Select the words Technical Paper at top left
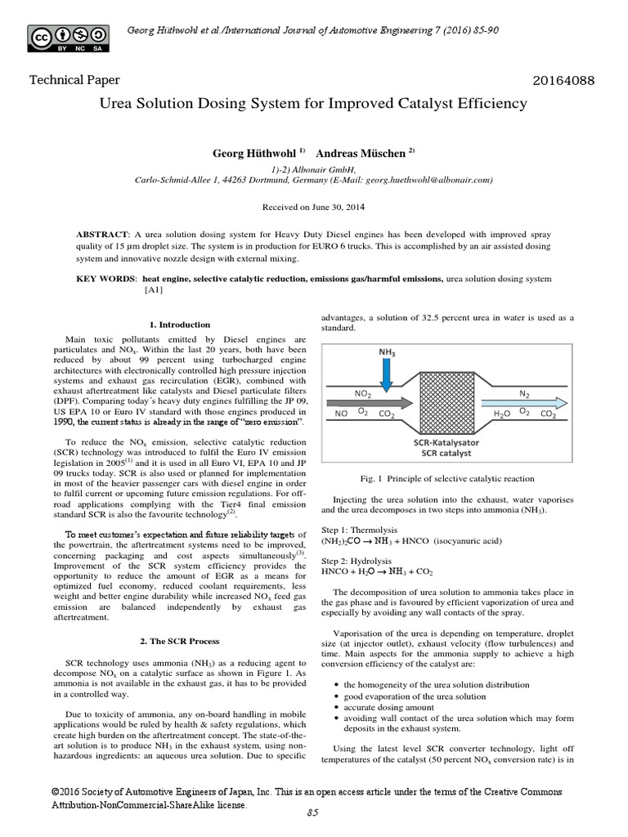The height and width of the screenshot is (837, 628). click(x=74, y=80)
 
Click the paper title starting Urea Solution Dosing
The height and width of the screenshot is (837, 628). click(x=313, y=104)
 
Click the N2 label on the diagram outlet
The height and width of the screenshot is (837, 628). click(x=525, y=393)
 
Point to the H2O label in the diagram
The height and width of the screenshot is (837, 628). click(x=501, y=414)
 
